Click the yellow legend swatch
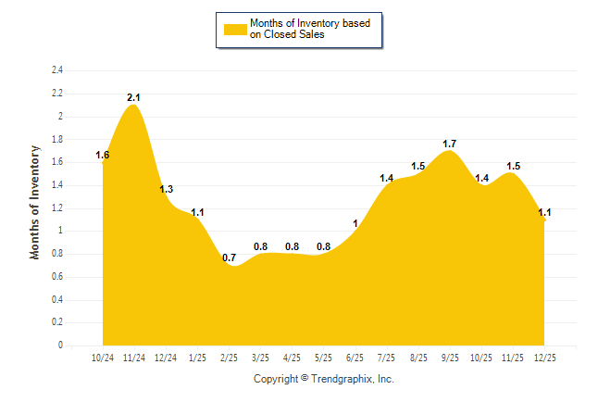235,29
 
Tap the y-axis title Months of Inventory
35,201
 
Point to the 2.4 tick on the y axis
57,70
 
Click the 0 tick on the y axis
61,345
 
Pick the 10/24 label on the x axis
104,358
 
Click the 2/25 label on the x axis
230,358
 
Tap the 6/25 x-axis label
355,358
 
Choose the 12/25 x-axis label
544,358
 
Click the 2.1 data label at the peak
134,97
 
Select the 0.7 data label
230,258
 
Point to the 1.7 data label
450,144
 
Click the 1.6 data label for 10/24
103,155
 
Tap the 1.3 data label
166,189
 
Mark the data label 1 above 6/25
355,223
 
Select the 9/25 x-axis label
450,358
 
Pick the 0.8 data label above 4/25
293,246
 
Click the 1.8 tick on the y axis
57,139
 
